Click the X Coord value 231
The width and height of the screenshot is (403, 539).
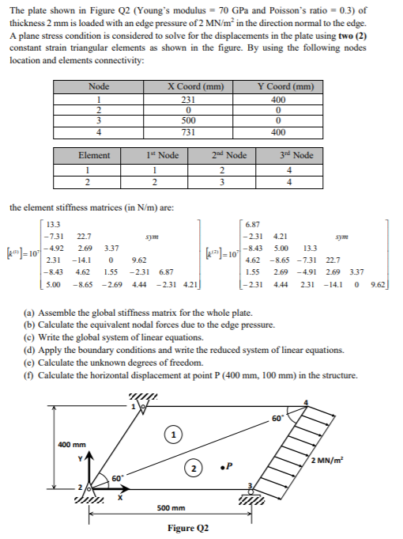tap(188, 100)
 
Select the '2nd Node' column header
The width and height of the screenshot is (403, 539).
tap(236, 156)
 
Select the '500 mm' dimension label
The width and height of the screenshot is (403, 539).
tap(171, 507)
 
